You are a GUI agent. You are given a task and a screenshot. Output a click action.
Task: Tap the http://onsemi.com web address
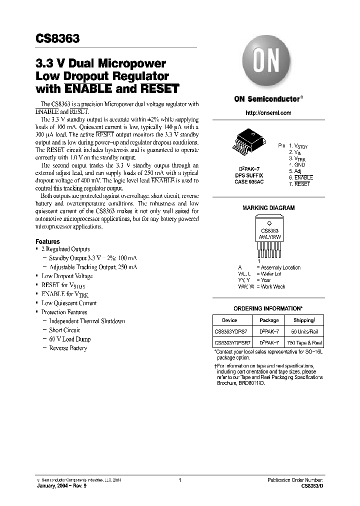(x=268, y=113)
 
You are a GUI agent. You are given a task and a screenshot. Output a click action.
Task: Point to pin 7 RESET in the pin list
(x=299, y=184)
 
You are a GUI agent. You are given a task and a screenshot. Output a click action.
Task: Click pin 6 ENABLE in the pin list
(x=300, y=177)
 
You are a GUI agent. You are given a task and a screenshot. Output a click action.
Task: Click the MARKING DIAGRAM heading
(x=268, y=208)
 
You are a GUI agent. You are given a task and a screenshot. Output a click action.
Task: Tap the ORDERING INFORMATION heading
(x=268, y=308)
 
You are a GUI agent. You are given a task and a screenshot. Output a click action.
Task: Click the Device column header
(x=229, y=320)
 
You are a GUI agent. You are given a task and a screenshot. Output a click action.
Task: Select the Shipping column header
(x=303, y=320)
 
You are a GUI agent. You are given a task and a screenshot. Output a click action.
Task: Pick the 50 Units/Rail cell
(x=303, y=331)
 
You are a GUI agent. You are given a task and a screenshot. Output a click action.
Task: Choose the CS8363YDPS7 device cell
(x=231, y=331)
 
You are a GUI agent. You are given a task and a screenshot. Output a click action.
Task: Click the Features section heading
(x=48, y=241)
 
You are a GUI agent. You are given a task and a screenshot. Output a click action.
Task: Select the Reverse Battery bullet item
(x=68, y=348)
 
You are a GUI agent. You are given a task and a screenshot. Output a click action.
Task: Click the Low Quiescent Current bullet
(x=69, y=303)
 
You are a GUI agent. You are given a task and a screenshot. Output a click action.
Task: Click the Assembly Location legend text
(x=280, y=267)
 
